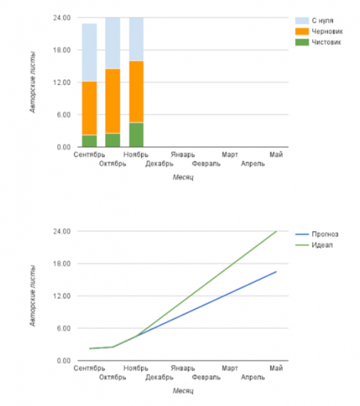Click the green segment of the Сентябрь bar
tap(89, 141)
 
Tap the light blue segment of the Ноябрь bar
tap(136, 39)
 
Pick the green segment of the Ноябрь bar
tap(136, 134)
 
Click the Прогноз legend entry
tap(324, 234)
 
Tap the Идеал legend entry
tap(321, 244)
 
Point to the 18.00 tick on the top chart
tap(62, 50)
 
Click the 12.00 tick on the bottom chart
tap(62, 296)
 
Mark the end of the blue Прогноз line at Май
tap(276, 272)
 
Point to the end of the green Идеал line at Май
tap(276, 231)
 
